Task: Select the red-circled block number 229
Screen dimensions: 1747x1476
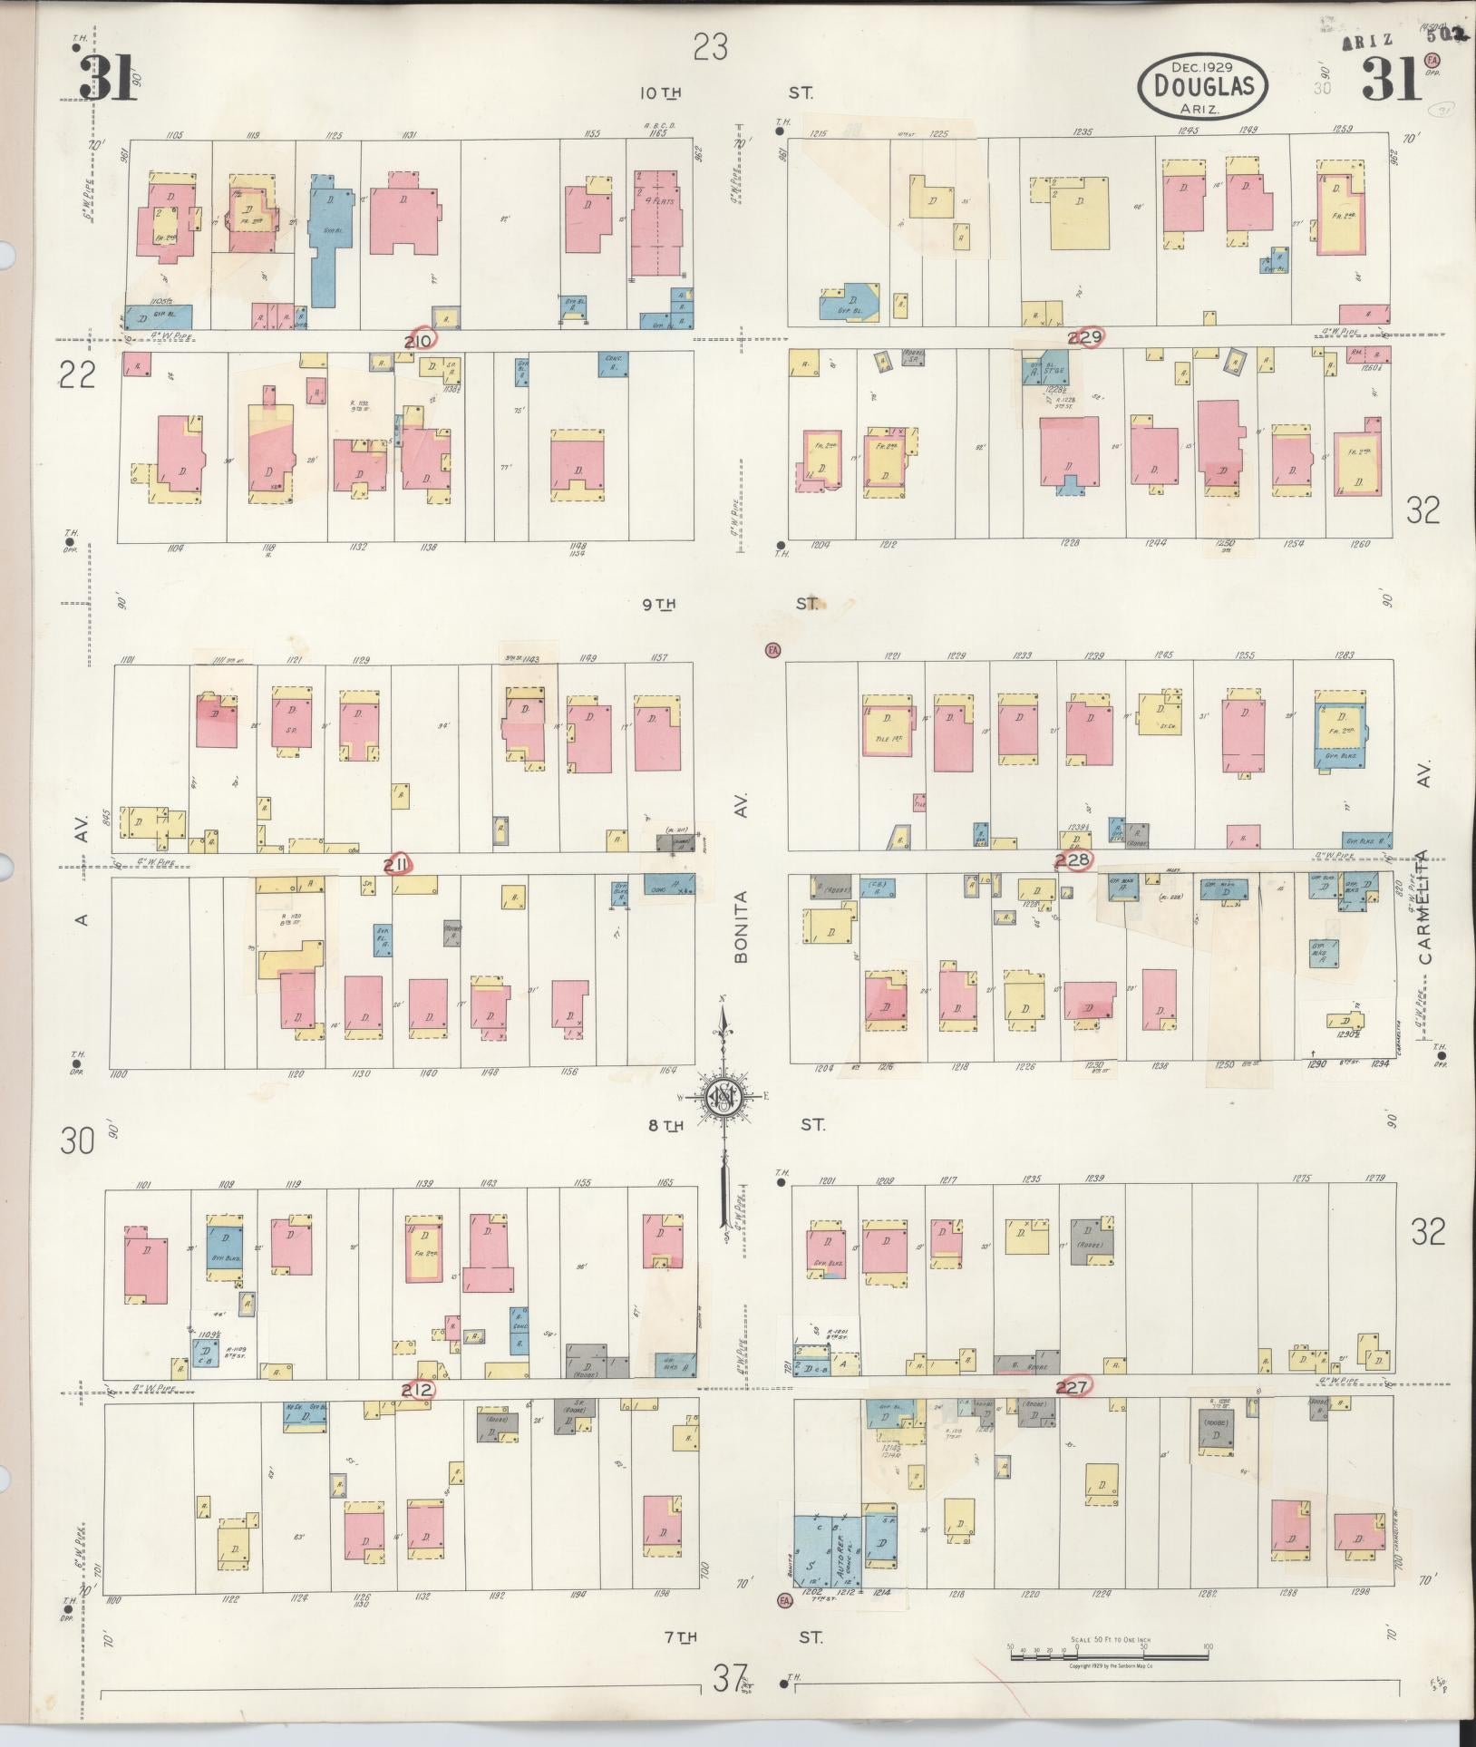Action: click(x=1085, y=337)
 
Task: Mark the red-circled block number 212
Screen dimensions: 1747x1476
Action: click(x=419, y=1389)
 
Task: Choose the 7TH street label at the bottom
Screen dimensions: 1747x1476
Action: click(x=680, y=1637)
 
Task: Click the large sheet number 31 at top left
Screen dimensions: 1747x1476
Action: click(x=107, y=78)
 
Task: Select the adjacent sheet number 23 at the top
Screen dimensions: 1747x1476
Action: click(x=711, y=46)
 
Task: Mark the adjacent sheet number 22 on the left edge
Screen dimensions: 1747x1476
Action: click(x=77, y=374)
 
